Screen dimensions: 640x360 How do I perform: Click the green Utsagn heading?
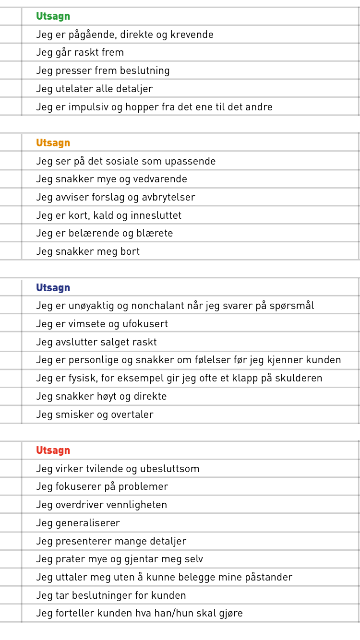point(53,16)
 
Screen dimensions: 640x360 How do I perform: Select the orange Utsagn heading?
point(53,143)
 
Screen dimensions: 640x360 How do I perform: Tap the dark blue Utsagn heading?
point(53,288)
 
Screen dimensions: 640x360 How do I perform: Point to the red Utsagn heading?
point(53,450)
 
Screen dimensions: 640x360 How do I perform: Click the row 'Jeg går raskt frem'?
point(80,52)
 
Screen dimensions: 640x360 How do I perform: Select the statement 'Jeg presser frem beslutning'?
point(103,71)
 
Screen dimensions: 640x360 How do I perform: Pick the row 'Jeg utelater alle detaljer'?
point(94,89)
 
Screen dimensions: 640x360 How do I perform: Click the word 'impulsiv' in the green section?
point(91,107)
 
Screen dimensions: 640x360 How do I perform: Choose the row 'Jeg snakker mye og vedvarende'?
point(111,179)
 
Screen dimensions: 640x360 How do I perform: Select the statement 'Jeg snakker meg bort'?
point(88,251)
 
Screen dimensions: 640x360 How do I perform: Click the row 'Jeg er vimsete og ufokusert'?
point(102,324)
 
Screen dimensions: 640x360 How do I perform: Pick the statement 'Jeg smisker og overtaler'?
point(95,415)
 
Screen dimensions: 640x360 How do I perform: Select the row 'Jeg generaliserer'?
point(78,523)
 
